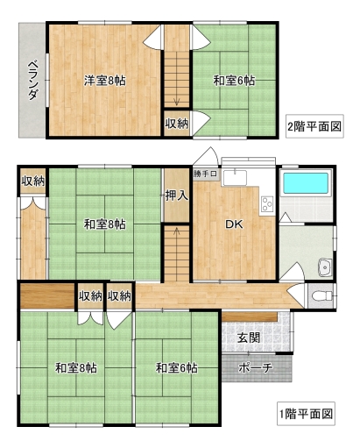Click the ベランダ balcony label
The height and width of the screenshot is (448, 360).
pyautogui.click(x=33, y=80)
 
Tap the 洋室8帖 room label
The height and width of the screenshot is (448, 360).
pyautogui.click(x=105, y=81)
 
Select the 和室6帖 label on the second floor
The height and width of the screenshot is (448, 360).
pyautogui.click(x=234, y=81)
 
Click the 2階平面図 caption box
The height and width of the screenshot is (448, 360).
pyautogui.click(x=314, y=126)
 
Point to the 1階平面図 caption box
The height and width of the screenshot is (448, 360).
pyautogui.click(x=306, y=414)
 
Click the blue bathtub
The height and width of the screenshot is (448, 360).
pyautogui.click(x=306, y=183)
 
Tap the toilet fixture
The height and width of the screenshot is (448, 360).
pyautogui.click(x=322, y=296)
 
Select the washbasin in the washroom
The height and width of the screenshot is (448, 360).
pyautogui.click(x=325, y=267)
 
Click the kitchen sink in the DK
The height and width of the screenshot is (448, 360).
pyautogui.click(x=235, y=177)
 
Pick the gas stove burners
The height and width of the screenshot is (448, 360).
pyautogui.click(x=267, y=204)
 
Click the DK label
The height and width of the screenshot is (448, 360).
pyautogui.click(x=234, y=224)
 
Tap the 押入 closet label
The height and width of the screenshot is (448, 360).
pyautogui.click(x=177, y=196)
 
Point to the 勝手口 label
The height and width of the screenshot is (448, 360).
pyautogui.click(x=205, y=174)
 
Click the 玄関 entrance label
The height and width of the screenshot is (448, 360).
pyautogui.click(x=249, y=338)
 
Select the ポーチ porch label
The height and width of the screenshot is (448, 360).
pyautogui.click(x=256, y=368)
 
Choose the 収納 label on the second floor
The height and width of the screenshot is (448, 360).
pyautogui.click(x=177, y=124)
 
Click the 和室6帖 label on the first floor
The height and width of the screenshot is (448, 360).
pyautogui.click(x=177, y=367)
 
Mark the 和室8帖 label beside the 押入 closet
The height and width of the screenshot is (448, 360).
pyautogui.click(x=105, y=224)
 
